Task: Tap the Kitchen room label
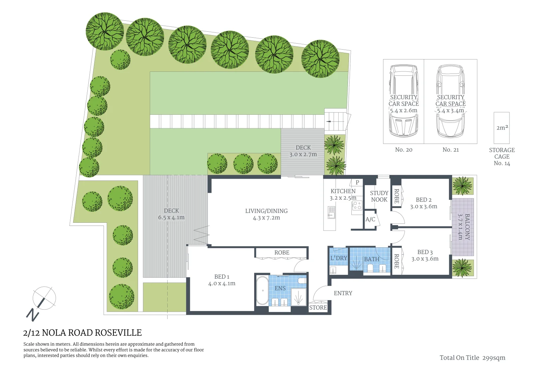[x=343, y=191]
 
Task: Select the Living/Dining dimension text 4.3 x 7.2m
[x=266, y=218]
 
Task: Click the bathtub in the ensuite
[x=262, y=291]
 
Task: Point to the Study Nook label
[x=379, y=196]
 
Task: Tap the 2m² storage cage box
[x=502, y=128]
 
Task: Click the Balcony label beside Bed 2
[x=467, y=227]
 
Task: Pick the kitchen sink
[x=331, y=212]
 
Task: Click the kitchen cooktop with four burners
[x=357, y=205]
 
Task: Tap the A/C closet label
[x=370, y=220]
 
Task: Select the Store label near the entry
[x=318, y=308]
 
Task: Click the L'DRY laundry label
[x=339, y=258]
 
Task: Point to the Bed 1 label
[x=222, y=277]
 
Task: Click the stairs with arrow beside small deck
[x=335, y=120]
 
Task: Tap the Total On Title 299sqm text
[x=472, y=358]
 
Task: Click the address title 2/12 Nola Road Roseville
[x=82, y=332]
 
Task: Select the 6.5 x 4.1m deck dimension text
[x=171, y=217]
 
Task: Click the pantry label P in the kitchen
[x=357, y=182]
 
